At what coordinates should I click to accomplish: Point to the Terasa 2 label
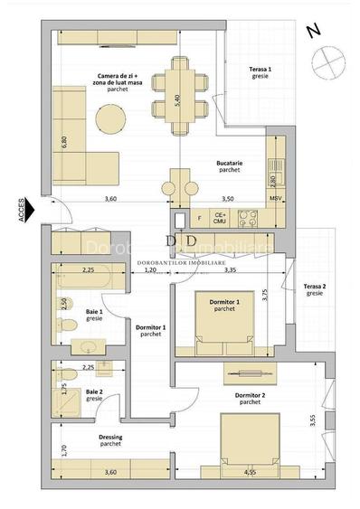pyautogui.click(x=315, y=288)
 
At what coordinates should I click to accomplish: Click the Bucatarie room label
pyautogui.click(x=228, y=165)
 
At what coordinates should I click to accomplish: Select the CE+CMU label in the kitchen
pyautogui.click(x=219, y=217)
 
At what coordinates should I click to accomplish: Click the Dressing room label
pyautogui.click(x=111, y=440)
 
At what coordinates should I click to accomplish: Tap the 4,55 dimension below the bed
pyautogui.click(x=248, y=472)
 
